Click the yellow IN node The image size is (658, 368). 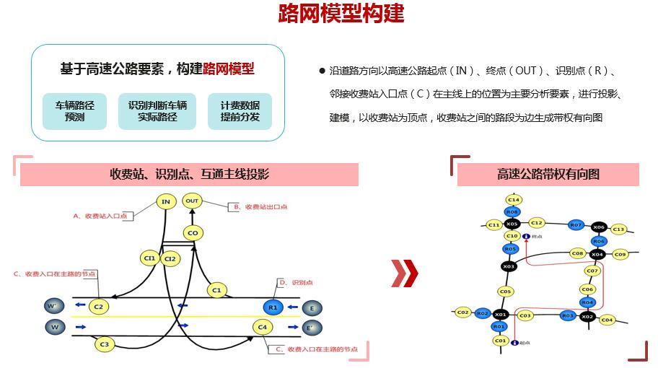pyautogui.click(x=166, y=202)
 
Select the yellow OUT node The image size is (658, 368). pyautogui.click(x=192, y=201)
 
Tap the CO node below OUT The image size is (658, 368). pyautogui.click(x=192, y=233)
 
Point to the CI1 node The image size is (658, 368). pyautogui.click(x=149, y=258)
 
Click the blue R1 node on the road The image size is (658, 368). pyautogui.click(x=273, y=307)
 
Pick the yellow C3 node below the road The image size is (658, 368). pyautogui.click(x=105, y=344)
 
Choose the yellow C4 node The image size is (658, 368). pyautogui.click(x=263, y=328)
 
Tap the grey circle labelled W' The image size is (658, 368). pyautogui.click(x=53, y=307)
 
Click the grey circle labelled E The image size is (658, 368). pyautogui.click(x=312, y=308)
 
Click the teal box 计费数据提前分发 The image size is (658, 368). pyautogui.click(x=240, y=111)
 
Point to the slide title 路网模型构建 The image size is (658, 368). pyautogui.click(x=341, y=14)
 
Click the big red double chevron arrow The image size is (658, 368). pyautogui.click(x=405, y=272)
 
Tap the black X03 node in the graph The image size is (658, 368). pyautogui.click(x=509, y=266)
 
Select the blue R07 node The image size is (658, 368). pyautogui.click(x=575, y=225)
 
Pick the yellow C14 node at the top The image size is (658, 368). pyautogui.click(x=513, y=199)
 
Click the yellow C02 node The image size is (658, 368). pyautogui.click(x=462, y=312)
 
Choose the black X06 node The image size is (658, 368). pyautogui.click(x=598, y=227)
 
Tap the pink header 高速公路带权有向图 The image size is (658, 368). pyautogui.click(x=548, y=174)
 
